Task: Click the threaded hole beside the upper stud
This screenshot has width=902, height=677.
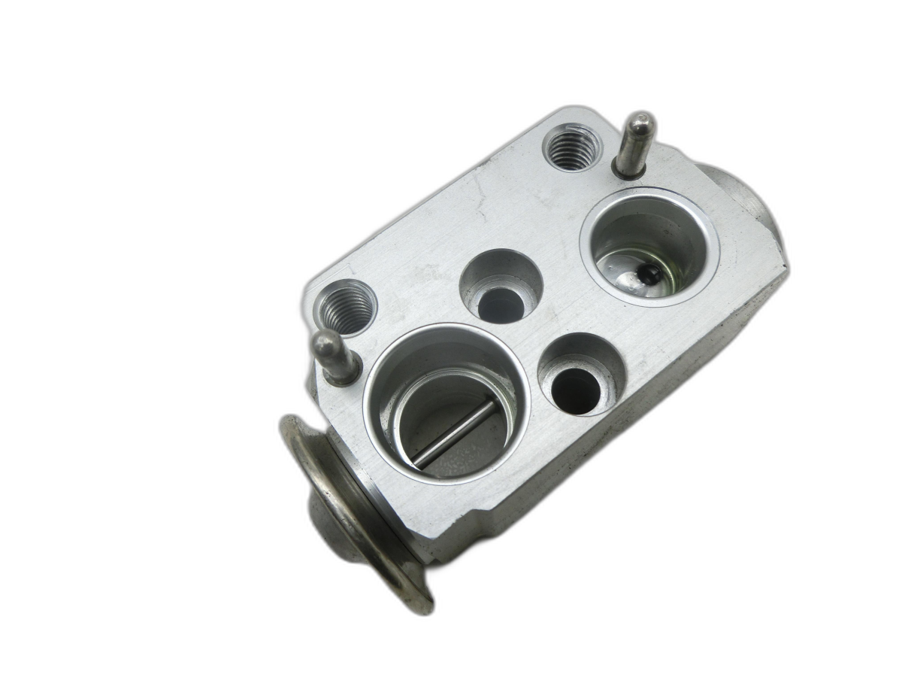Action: (572, 147)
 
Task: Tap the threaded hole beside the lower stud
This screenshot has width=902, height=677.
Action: (346, 306)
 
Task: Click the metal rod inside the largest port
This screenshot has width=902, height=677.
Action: (455, 433)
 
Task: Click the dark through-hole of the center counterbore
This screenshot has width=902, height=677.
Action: (501, 305)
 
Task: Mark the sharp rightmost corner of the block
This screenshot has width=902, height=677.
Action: (787, 268)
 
